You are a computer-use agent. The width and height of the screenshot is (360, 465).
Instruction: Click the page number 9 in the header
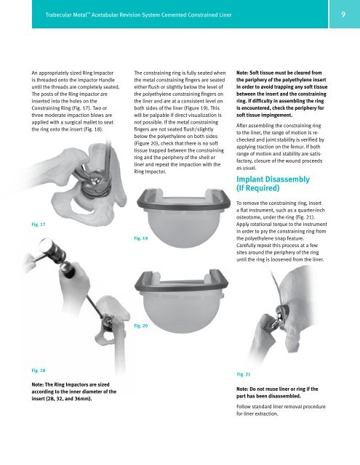(x=343, y=15)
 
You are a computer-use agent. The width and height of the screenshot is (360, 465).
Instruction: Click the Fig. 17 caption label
(x=39, y=225)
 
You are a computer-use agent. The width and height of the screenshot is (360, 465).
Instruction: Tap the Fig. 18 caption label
(x=39, y=371)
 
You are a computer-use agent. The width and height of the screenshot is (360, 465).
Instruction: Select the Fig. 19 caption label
(x=140, y=238)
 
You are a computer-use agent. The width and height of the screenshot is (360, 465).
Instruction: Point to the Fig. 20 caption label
(x=140, y=325)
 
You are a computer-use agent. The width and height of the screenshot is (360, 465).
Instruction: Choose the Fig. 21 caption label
(x=244, y=374)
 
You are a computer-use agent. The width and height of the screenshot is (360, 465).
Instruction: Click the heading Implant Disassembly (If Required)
(x=273, y=184)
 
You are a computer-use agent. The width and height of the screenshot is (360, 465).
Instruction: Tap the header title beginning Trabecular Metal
(x=138, y=15)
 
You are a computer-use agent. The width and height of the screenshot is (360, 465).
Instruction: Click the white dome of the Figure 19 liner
(x=183, y=227)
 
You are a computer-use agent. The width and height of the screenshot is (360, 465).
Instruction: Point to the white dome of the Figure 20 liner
(x=181, y=315)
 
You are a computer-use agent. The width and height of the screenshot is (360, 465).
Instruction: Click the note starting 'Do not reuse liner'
(x=277, y=392)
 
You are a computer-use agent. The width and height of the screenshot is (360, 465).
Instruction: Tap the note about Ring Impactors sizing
(x=74, y=392)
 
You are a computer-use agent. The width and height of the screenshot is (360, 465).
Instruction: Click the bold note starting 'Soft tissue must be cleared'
(x=282, y=94)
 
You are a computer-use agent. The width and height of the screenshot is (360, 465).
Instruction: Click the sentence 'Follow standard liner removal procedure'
(x=281, y=410)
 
